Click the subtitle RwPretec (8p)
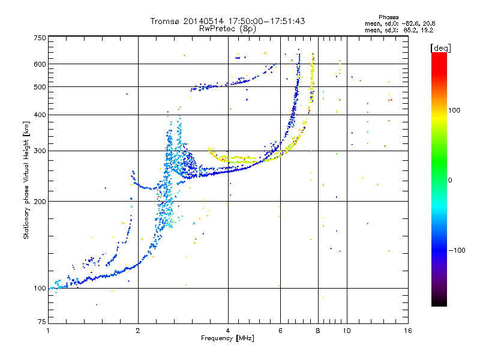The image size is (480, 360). click(227, 29)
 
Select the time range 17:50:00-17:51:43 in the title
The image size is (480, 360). click(266, 21)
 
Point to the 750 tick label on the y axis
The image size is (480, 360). click(40, 38)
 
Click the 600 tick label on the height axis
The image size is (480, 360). click(40, 64)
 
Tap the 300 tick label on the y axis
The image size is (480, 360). click(40, 151)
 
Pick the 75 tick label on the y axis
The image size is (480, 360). click(42, 322)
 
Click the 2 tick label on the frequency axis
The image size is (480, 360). click(138, 331)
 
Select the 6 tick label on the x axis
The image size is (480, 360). click(280, 331)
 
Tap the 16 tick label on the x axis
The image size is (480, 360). click(408, 331)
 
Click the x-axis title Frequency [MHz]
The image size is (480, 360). click(227, 338)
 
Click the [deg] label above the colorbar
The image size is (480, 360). click(440, 48)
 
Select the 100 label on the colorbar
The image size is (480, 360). click(454, 110)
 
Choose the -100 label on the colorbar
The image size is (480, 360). click(457, 250)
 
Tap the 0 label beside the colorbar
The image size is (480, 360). click(450, 180)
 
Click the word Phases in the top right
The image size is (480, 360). click(388, 17)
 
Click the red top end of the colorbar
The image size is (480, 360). click(439, 54)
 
